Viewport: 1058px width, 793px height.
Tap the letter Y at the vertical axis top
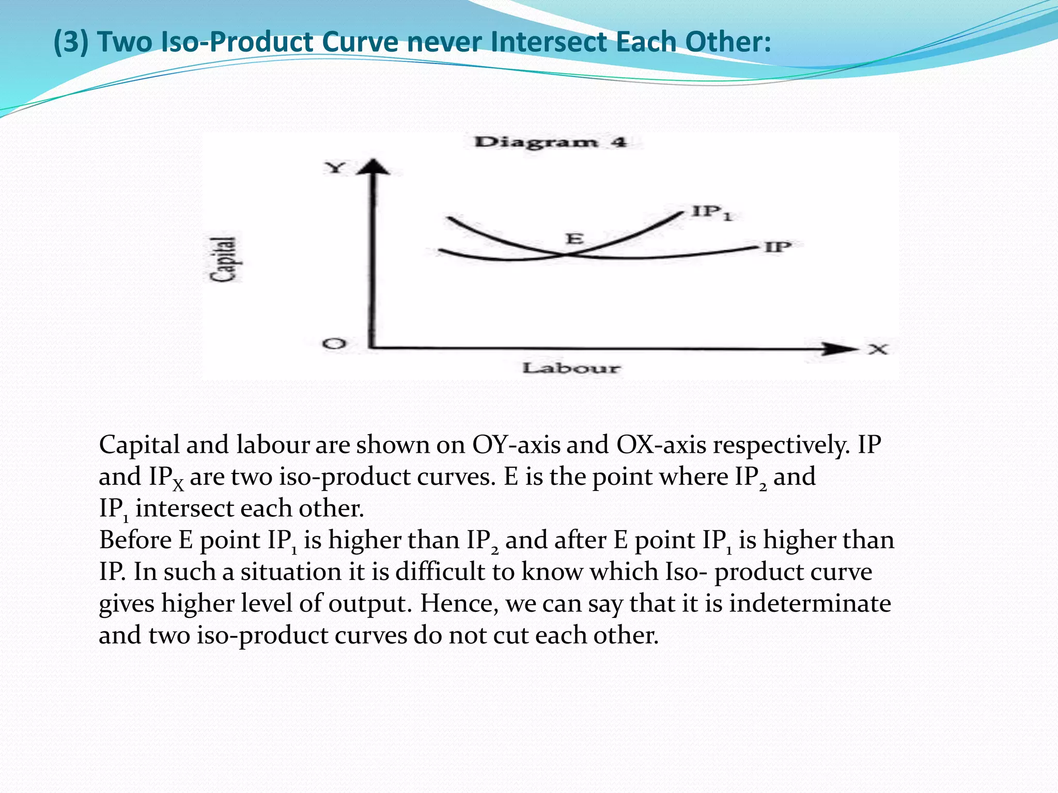click(335, 168)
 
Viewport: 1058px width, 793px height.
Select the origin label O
click(334, 343)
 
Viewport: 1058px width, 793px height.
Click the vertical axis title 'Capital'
click(225, 259)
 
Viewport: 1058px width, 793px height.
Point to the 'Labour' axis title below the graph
click(570, 368)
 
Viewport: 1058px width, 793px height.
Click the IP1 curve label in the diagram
click(712, 212)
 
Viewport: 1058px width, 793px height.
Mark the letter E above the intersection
click(574, 239)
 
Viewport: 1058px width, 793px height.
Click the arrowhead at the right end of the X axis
click(839, 348)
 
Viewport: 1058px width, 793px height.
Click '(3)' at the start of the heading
click(71, 42)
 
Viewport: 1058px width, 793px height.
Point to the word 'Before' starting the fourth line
click(135, 540)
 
